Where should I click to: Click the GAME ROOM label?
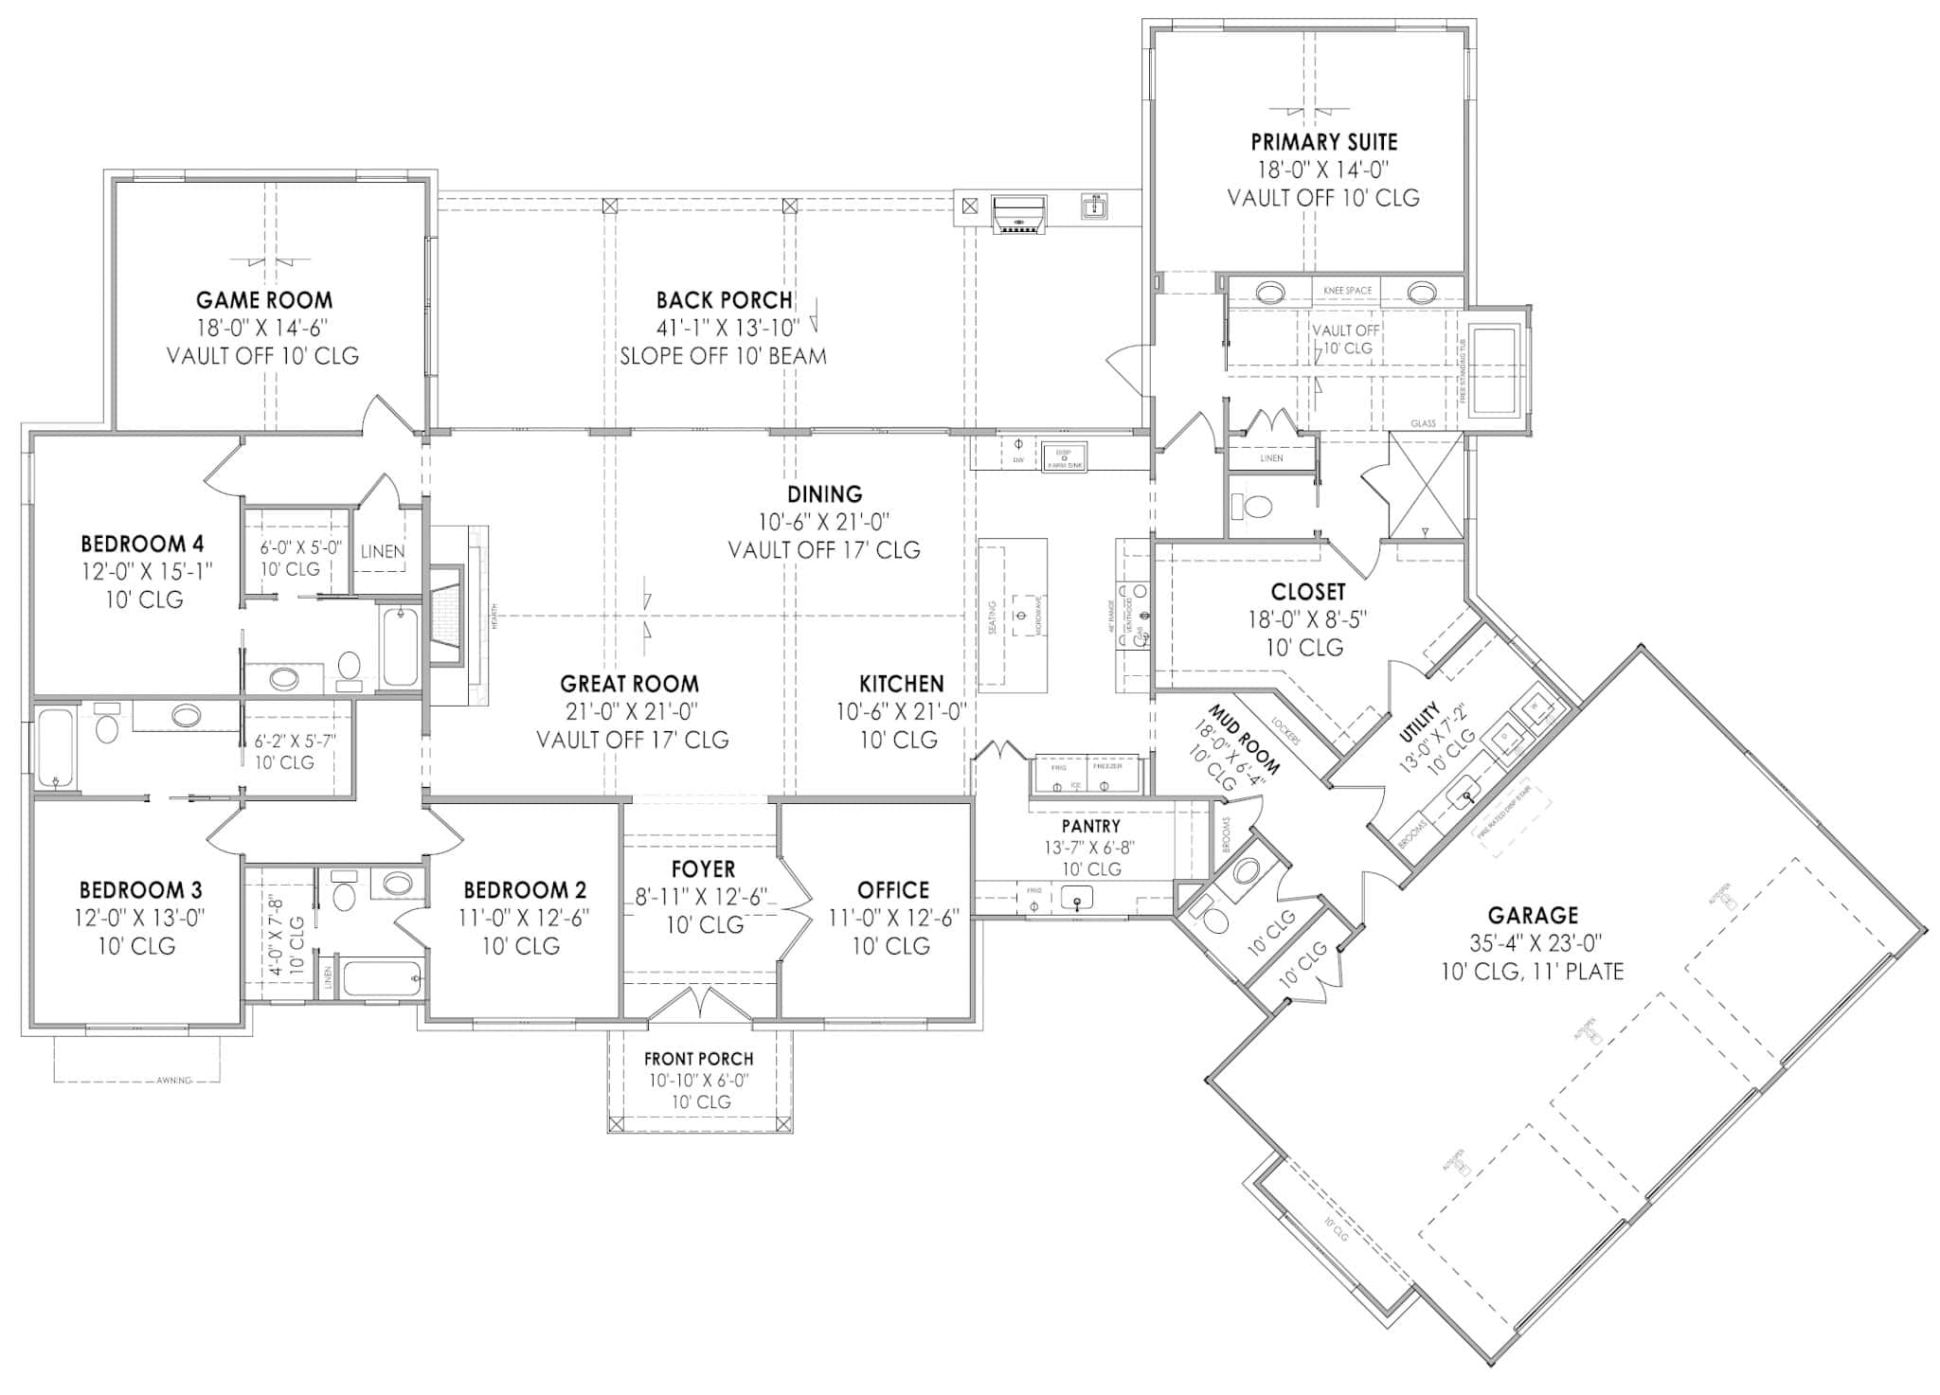tap(264, 300)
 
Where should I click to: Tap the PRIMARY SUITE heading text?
tap(1323, 142)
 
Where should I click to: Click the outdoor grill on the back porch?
tap(1019, 214)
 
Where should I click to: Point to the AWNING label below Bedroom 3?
tap(173, 1080)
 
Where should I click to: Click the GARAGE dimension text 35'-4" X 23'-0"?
tap(1532, 943)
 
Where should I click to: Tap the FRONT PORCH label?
tap(698, 1059)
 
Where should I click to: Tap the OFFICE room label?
tap(892, 890)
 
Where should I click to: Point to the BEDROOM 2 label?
tap(524, 890)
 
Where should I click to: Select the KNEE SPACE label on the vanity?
tap(1346, 291)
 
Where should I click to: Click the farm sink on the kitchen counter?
tap(1063, 456)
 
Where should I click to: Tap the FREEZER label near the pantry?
tap(1107, 765)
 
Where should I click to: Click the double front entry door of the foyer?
tap(698, 1006)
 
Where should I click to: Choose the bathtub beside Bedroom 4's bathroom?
tap(399, 647)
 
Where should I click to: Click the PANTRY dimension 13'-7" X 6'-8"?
tap(1091, 848)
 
